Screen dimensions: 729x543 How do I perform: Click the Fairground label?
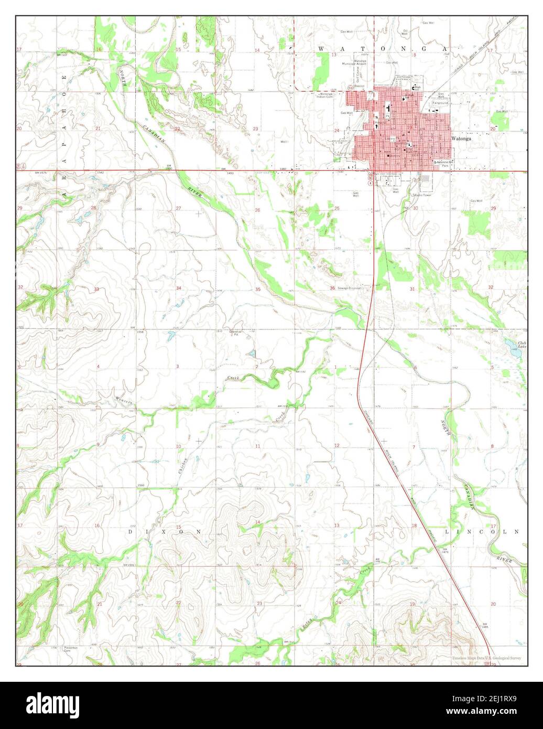pyautogui.click(x=440, y=103)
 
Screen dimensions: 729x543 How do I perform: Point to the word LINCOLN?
pyautogui.click(x=482, y=531)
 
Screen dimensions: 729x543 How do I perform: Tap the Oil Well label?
pyautogui.click(x=405, y=33)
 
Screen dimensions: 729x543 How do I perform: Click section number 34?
pyautogui.click(x=178, y=288)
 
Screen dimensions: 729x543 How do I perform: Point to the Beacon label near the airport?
pyautogui.click(x=359, y=86)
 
